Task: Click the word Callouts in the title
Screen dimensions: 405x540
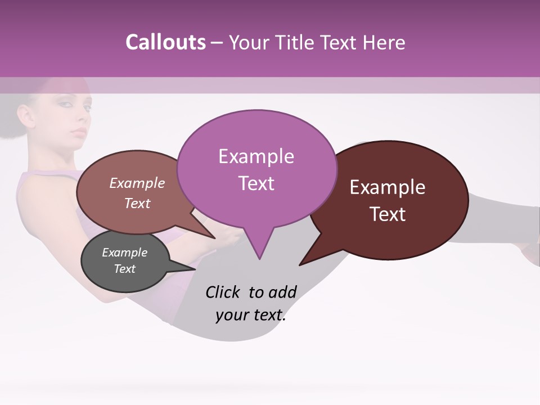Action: coord(165,43)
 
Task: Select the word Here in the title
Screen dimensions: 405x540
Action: coord(384,43)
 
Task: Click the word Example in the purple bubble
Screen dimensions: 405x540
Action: coord(256,156)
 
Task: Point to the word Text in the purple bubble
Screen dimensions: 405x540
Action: coord(256,183)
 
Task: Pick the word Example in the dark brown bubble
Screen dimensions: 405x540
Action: coord(388,187)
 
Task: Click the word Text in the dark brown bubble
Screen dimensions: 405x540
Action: coord(388,214)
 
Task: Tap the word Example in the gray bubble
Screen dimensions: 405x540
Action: coord(124,253)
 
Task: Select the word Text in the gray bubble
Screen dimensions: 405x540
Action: coord(124,269)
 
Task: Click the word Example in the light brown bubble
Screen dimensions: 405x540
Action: coord(137,183)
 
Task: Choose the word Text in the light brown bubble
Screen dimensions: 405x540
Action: coord(137,203)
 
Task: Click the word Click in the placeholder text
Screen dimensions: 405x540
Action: coord(224,292)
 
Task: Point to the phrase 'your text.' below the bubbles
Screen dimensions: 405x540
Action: coord(250,316)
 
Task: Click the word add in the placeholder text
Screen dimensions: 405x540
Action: coord(282,292)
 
